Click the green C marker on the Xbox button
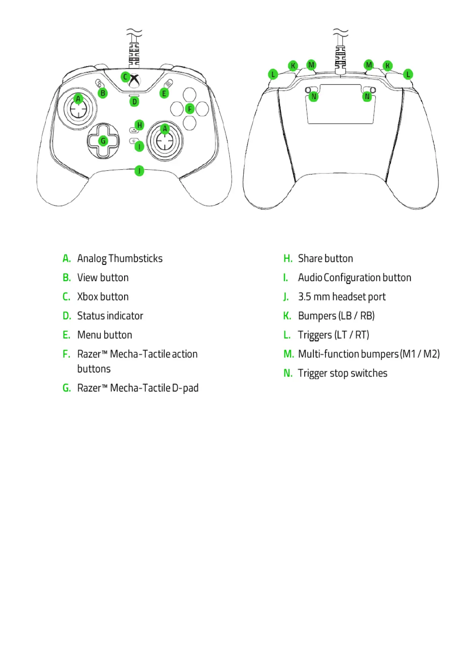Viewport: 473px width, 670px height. coord(125,77)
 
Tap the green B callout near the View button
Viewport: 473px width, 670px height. coord(103,93)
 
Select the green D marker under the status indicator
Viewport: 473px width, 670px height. coord(134,101)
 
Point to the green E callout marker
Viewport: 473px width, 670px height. coord(164,93)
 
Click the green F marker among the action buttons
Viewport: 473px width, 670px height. coord(190,109)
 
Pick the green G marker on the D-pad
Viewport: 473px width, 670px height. coord(103,140)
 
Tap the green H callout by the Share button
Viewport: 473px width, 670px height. coord(139,125)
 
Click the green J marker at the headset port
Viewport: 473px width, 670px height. coord(139,171)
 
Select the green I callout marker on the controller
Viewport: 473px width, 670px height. coord(139,146)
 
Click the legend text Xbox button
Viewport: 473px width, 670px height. coord(103,297)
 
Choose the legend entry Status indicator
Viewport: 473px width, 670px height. coord(110,316)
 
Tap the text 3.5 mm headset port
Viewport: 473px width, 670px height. coord(341,297)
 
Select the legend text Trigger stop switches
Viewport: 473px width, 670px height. coord(342,373)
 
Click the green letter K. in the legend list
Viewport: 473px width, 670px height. coord(287,316)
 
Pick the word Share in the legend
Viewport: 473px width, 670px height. coord(310,259)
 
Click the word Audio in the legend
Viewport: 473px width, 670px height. coord(310,278)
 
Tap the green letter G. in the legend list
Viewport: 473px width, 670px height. coord(66,388)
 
